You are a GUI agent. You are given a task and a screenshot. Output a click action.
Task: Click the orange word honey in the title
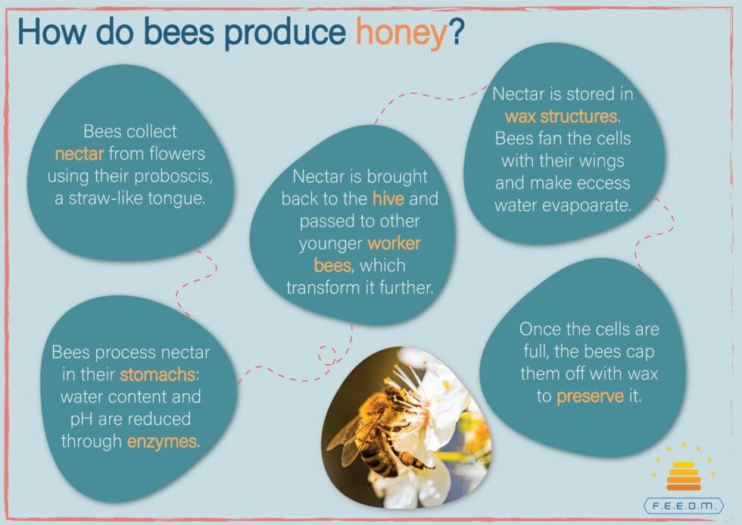click(x=401, y=33)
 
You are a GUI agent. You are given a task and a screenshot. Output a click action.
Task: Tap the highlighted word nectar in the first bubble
click(x=79, y=154)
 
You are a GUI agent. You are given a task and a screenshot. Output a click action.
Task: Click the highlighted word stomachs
click(x=157, y=374)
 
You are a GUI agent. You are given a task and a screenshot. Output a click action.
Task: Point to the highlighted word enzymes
click(x=161, y=442)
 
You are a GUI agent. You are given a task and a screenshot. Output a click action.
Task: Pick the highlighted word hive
click(x=388, y=198)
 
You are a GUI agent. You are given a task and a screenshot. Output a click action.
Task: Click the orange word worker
click(x=394, y=243)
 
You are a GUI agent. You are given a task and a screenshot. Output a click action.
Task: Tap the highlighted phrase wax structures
click(x=561, y=117)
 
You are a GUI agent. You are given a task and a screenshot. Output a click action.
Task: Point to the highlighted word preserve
click(x=590, y=396)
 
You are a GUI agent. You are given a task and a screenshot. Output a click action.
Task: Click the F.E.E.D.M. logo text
click(x=684, y=505)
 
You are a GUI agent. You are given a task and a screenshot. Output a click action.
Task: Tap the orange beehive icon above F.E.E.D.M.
click(x=684, y=477)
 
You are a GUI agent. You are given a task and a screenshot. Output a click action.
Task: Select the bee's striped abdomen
click(x=379, y=455)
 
